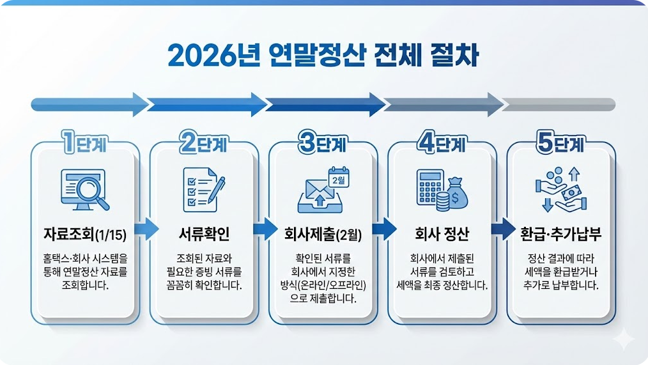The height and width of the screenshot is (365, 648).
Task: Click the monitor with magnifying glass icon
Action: tap(84, 189)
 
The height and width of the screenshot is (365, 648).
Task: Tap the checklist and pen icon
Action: tap(204, 187)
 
